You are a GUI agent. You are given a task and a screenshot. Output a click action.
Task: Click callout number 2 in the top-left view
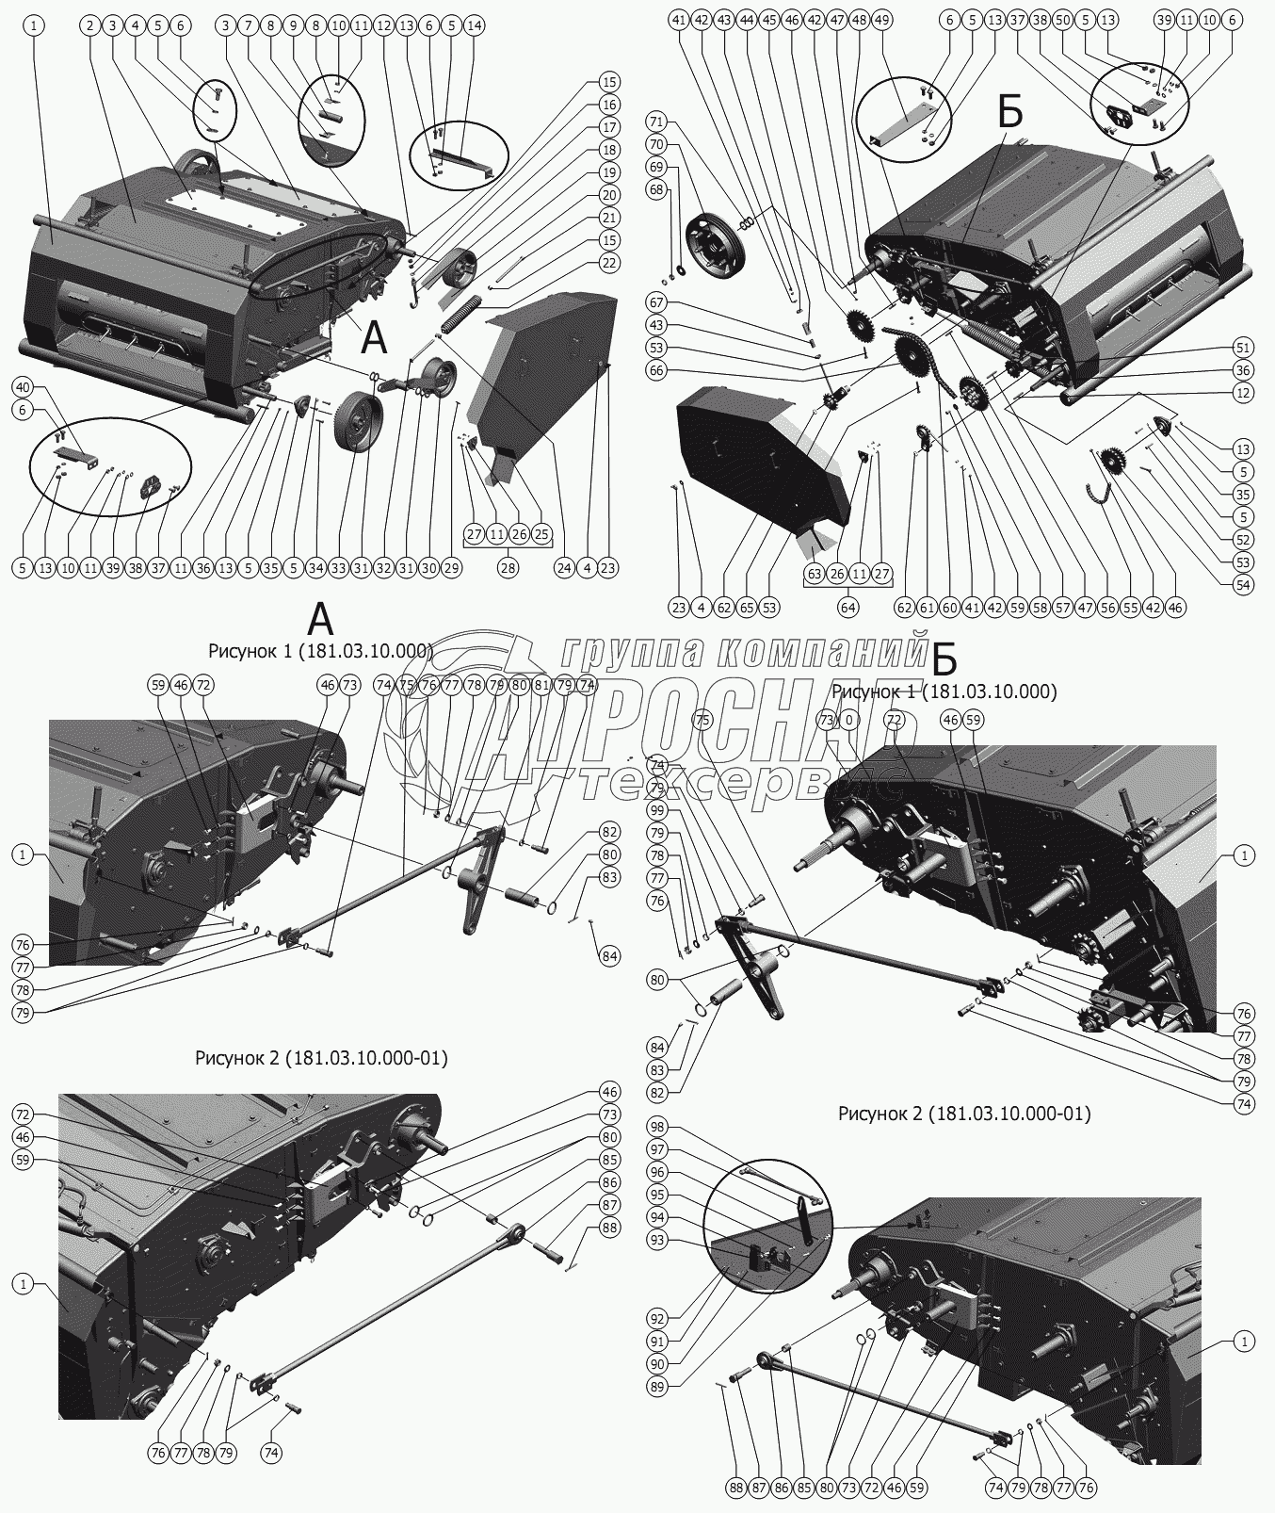89,26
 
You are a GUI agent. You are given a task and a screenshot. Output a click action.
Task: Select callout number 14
473,26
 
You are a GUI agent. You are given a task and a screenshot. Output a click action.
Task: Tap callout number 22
609,263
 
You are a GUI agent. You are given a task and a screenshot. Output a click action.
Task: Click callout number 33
338,568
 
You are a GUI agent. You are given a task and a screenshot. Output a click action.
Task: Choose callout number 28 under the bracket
508,568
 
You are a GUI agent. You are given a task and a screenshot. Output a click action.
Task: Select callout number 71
655,122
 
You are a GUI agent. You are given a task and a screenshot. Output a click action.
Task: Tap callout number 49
880,19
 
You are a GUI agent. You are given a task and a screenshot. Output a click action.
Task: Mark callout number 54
1243,583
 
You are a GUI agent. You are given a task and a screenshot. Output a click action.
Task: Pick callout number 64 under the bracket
848,607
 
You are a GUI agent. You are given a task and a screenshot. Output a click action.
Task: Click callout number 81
541,685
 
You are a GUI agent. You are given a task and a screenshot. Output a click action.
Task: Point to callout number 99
656,810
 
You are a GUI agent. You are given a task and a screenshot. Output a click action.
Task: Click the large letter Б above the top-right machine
1009,114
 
